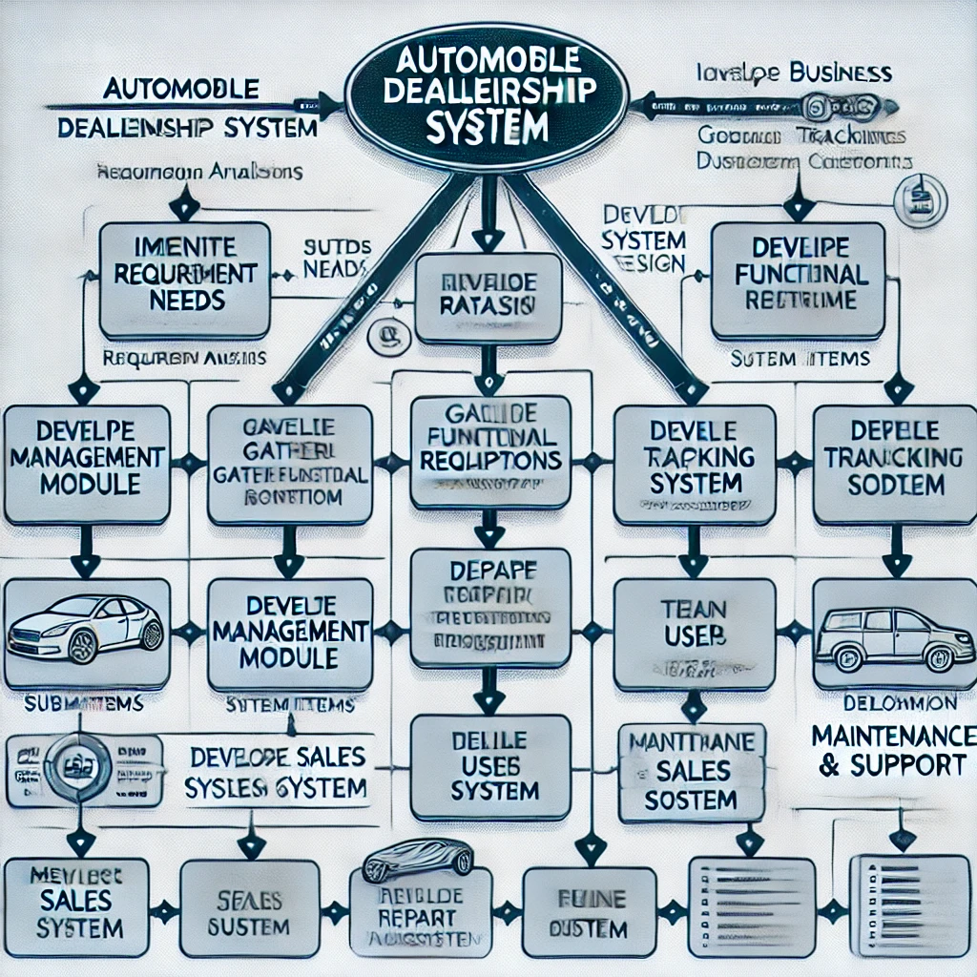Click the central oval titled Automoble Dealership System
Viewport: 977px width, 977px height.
487,100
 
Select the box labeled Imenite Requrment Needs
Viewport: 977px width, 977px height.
171,281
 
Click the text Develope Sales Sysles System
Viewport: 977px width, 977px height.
278,773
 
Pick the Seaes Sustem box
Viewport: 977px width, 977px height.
249,910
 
